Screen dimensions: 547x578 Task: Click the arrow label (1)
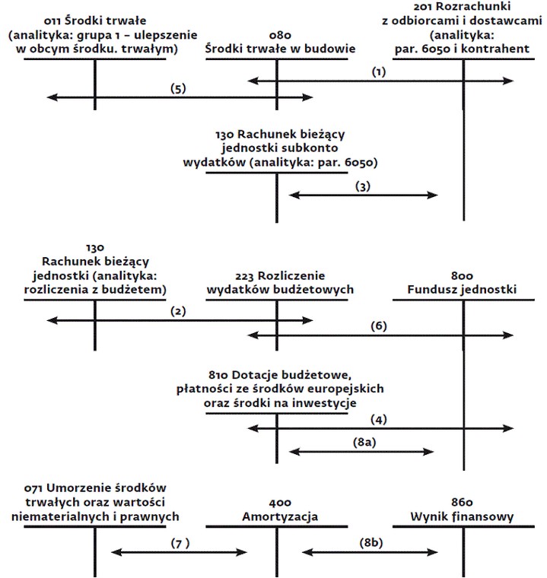pyautogui.click(x=378, y=72)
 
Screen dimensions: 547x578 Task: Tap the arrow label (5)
pyautogui.click(x=178, y=89)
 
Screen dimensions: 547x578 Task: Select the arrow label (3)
pyautogui.click(x=363, y=186)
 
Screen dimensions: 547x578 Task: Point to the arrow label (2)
pyautogui.click(x=178, y=312)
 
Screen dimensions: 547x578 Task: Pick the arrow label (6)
pyautogui.click(x=378, y=326)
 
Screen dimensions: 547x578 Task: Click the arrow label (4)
pyautogui.click(x=378, y=420)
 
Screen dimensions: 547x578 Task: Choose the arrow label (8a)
pyautogui.click(x=364, y=442)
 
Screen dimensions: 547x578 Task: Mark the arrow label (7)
pyautogui.click(x=180, y=543)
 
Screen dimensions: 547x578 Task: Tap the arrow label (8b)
pyautogui.click(x=371, y=543)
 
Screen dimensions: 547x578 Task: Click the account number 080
pyautogui.click(x=280, y=36)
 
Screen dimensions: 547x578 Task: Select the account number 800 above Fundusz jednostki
pyautogui.click(x=462, y=276)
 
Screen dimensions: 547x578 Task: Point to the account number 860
pyautogui.click(x=462, y=502)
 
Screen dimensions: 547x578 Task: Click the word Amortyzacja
pyautogui.click(x=280, y=517)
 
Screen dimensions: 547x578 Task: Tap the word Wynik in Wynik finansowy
pyautogui.click(x=426, y=517)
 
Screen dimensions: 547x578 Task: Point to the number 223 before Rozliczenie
pyautogui.click(x=244, y=276)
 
